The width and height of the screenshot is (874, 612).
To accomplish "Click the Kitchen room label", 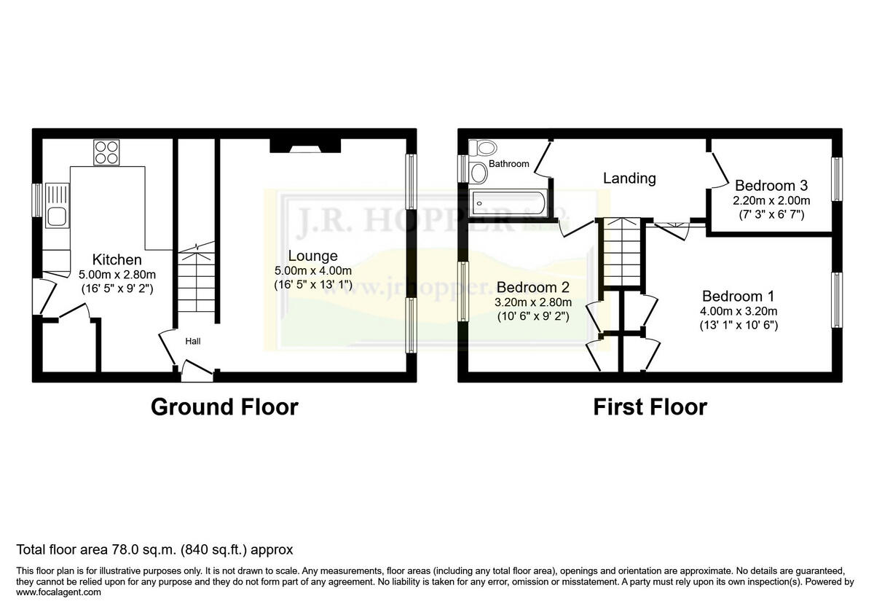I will [x=117, y=259].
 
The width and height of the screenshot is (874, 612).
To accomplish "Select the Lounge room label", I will [x=312, y=256].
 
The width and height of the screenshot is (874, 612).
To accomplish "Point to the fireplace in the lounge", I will [x=304, y=147].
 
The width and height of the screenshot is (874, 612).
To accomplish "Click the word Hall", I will [x=193, y=341].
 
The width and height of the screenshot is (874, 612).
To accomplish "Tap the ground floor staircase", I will [x=195, y=284].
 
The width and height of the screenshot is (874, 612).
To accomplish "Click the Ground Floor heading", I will [x=224, y=407].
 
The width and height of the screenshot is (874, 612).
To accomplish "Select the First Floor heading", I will [x=650, y=407].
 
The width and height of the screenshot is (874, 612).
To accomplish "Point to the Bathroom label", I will [x=508, y=164].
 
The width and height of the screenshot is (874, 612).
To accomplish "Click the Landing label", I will [x=629, y=178].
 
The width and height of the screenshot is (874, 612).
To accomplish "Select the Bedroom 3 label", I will [x=771, y=185].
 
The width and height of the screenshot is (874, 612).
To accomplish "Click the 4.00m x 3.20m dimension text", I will [x=738, y=312].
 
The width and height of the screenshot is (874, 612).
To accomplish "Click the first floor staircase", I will [x=621, y=251].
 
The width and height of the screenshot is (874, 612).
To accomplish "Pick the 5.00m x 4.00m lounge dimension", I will [x=312, y=270].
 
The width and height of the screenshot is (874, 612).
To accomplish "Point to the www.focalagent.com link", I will [x=59, y=592].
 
